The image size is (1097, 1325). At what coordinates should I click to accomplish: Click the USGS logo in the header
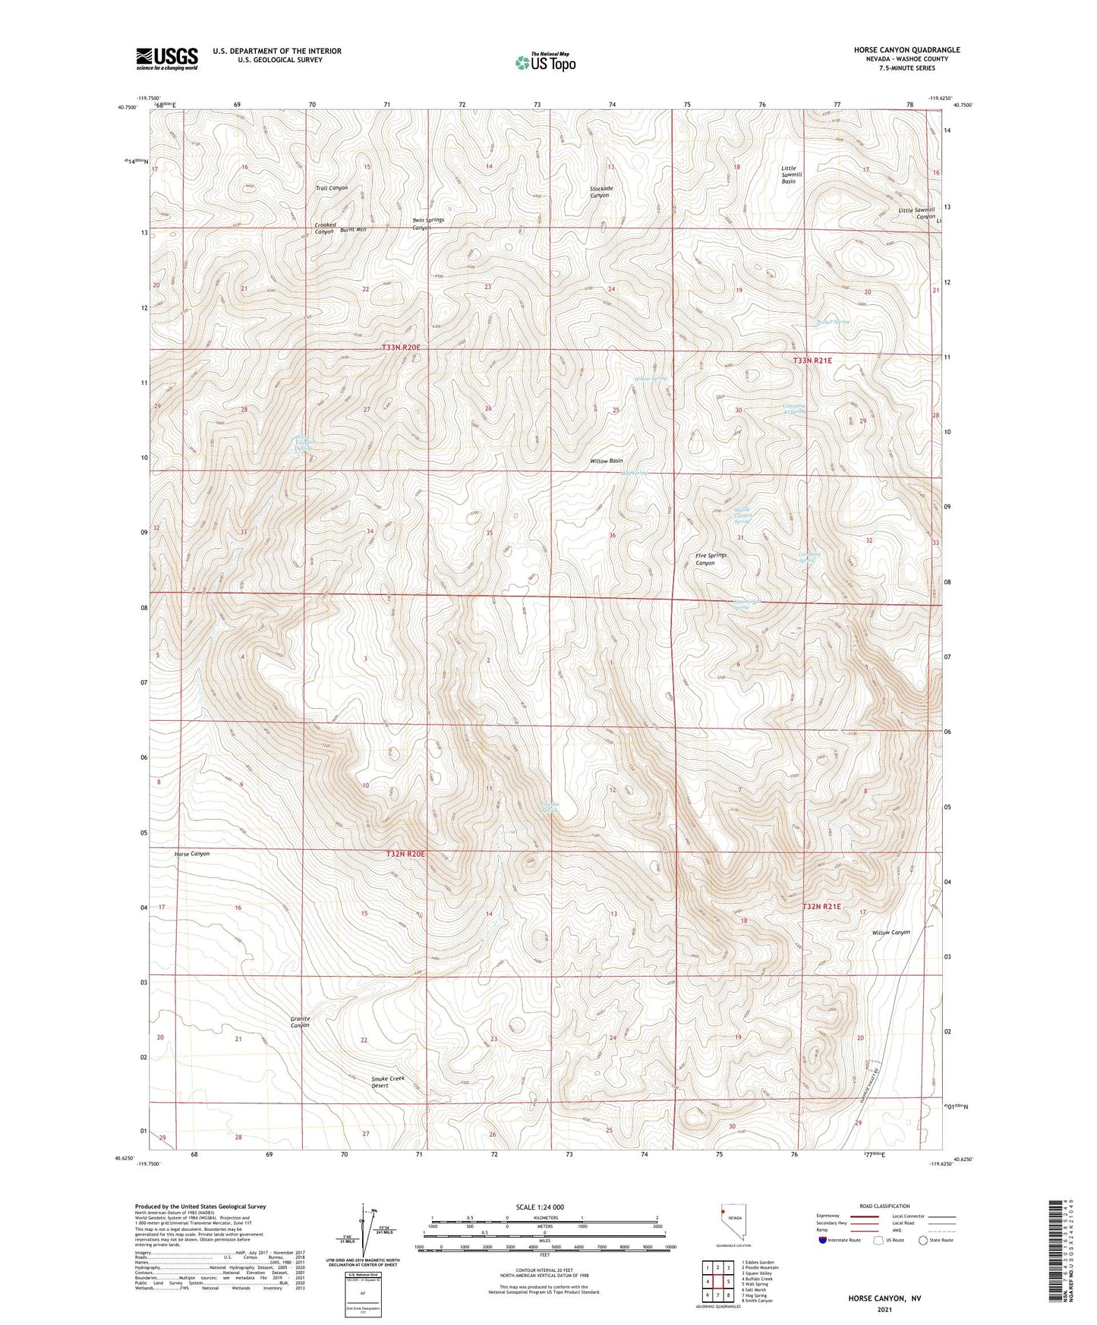pyautogui.click(x=166, y=58)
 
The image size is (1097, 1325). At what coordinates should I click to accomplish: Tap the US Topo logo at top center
pyautogui.click(x=544, y=62)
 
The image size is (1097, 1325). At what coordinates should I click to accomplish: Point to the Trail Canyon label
pyautogui.click(x=332, y=187)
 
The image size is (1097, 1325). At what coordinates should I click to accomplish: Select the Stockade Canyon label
pyautogui.click(x=600, y=191)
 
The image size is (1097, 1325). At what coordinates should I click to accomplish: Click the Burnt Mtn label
pyautogui.click(x=353, y=229)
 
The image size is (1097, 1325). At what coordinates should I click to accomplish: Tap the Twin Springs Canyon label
pyautogui.click(x=427, y=223)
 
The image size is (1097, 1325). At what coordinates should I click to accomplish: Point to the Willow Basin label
pyautogui.click(x=606, y=461)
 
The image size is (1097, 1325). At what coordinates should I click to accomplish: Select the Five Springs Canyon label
pyautogui.click(x=711, y=559)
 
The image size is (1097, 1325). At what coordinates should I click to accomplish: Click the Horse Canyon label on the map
pyautogui.click(x=191, y=854)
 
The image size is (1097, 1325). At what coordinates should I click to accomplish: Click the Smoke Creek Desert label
pyautogui.click(x=387, y=1081)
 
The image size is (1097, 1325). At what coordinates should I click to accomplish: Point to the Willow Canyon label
pyautogui.click(x=891, y=932)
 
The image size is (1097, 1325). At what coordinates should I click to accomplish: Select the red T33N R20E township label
pyautogui.click(x=401, y=347)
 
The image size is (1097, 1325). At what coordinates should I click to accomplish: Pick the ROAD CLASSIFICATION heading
pyautogui.click(x=884, y=1206)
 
